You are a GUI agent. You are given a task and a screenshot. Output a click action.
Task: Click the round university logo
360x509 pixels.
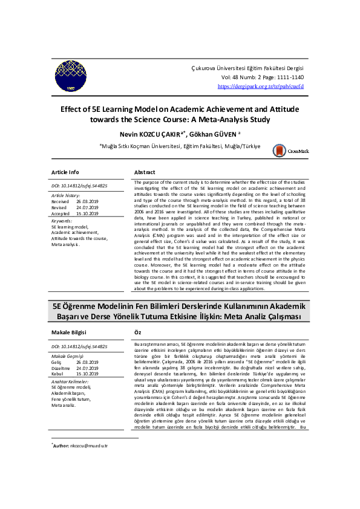71,76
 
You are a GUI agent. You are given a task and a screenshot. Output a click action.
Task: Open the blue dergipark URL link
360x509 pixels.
261,87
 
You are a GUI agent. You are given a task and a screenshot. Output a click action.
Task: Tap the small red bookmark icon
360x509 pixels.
279,150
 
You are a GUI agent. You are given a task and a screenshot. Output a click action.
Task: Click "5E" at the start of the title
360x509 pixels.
57,306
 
